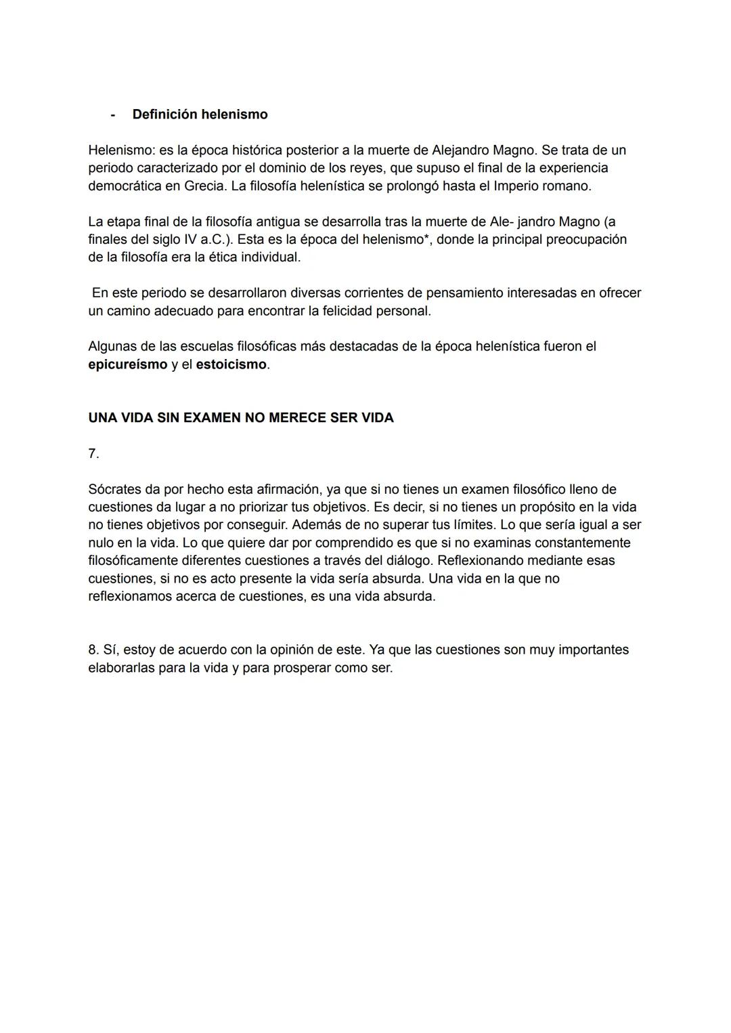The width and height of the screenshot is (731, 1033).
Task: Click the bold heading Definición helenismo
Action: (200, 114)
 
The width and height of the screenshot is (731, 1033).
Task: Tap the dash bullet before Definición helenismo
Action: (112, 114)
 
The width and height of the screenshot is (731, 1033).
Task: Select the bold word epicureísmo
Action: (128, 364)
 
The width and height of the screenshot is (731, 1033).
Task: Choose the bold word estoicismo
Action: (231, 364)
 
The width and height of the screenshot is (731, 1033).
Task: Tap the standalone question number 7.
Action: (93, 454)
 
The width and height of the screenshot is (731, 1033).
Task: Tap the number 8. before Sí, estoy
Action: (93, 650)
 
